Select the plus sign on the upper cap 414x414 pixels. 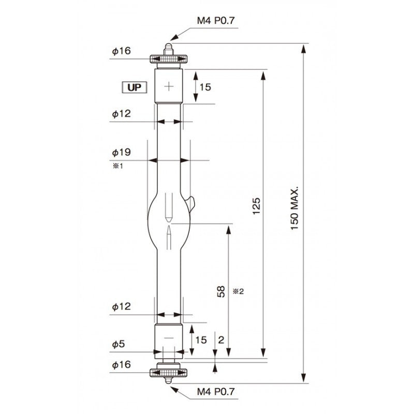[169, 86]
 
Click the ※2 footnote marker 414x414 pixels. [239, 291]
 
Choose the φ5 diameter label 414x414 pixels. [118, 344]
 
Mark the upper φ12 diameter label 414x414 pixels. [121, 114]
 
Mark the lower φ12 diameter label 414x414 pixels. [121, 307]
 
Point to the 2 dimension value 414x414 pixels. [221, 340]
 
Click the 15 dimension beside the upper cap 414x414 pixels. [205, 87]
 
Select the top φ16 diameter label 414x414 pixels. [121, 51]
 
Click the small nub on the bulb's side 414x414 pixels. [191, 202]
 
